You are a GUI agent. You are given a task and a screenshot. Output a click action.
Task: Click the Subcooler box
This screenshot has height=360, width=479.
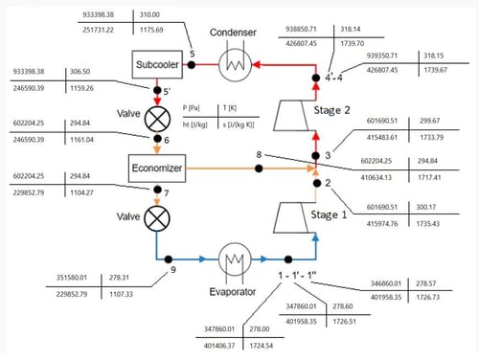click(156, 65)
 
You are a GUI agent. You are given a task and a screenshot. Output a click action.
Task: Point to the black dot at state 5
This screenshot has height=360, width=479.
click(192, 65)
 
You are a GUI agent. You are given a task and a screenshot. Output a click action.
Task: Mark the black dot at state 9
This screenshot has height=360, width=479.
click(169, 259)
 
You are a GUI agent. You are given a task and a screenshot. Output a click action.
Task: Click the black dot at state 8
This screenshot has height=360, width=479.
click(259, 169)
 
